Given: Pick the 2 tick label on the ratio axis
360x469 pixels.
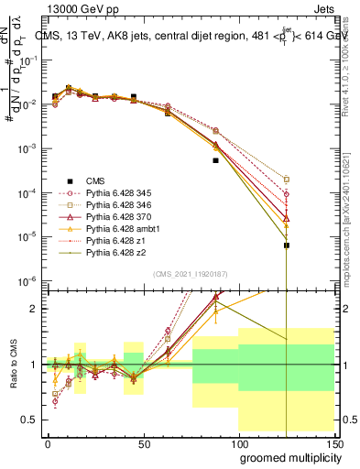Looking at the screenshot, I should pyautogui.click(x=33, y=309).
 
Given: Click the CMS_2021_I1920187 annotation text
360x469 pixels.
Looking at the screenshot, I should pyautogui.click(x=190, y=275).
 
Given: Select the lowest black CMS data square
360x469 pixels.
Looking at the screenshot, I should pyautogui.click(x=287, y=245).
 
